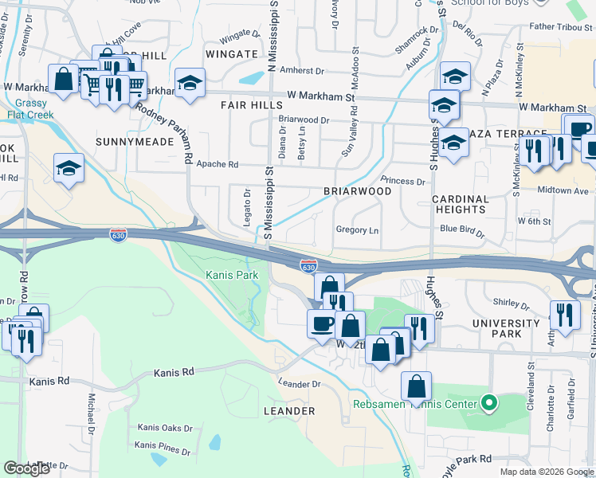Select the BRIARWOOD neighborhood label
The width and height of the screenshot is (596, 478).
357,191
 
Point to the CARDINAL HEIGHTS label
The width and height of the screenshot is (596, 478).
460,205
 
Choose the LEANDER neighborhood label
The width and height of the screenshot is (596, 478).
289,411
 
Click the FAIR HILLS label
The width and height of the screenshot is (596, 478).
252,105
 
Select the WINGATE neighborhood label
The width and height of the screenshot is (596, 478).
231,54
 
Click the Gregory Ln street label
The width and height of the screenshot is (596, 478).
356,230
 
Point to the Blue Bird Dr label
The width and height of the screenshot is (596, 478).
462,229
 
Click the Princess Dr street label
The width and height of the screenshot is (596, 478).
402,182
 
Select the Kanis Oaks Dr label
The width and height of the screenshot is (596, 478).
165,428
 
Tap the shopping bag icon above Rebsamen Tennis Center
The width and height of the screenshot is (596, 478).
416,386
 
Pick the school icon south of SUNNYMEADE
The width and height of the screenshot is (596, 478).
69,169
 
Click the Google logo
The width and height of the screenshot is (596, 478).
27,468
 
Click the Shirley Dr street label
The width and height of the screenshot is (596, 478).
512,303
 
